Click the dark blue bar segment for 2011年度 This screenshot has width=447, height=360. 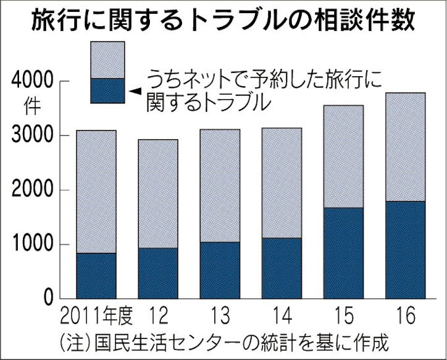tap(96, 276)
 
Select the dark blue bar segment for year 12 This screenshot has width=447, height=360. tap(158, 273)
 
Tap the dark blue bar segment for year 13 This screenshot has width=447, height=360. tap(220, 271)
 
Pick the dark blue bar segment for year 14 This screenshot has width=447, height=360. tap(281, 269)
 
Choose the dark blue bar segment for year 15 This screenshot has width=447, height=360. tap(343, 254)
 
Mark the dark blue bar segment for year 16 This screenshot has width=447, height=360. tap(405, 250)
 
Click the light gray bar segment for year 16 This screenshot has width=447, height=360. tap(405, 147)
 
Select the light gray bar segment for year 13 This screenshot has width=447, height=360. tap(220, 186)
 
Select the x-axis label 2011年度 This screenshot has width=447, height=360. tap(96, 318)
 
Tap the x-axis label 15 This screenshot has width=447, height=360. tap(343, 318)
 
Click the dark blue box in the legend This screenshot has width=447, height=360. tap(107, 91)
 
